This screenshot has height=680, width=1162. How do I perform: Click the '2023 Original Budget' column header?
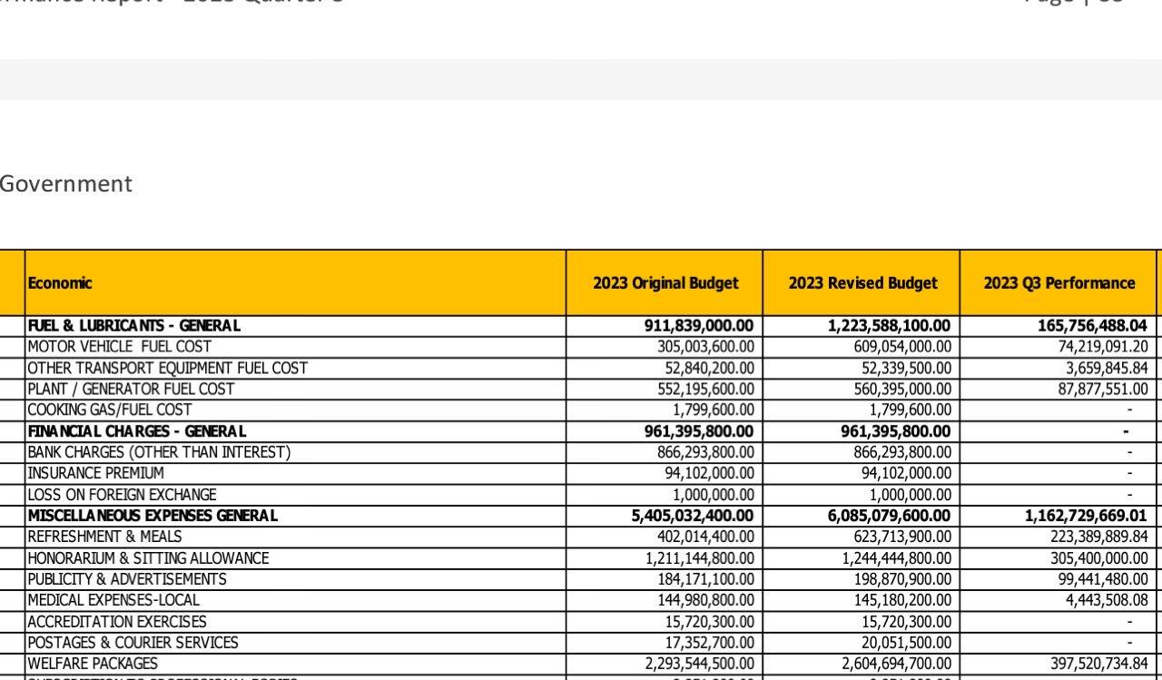(x=665, y=283)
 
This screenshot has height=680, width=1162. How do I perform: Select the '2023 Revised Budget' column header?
(x=862, y=283)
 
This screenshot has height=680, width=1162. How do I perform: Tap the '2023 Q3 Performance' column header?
(x=1059, y=283)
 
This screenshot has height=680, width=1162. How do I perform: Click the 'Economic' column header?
(x=60, y=283)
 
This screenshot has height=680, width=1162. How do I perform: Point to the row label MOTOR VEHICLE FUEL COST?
(x=120, y=347)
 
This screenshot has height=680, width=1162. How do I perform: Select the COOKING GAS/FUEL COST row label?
(x=110, y=410)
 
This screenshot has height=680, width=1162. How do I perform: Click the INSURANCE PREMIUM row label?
(x=96, y=473)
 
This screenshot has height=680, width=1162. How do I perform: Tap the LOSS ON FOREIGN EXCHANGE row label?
(x=123, y=495)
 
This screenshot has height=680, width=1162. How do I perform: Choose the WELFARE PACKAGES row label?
(x=93, y=664)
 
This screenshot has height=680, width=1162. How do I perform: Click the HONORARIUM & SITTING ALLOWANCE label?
(x=149, y=558)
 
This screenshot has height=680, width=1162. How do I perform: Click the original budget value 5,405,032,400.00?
(x=693, y=516)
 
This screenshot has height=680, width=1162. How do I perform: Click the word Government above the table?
(x=66, y=184)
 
